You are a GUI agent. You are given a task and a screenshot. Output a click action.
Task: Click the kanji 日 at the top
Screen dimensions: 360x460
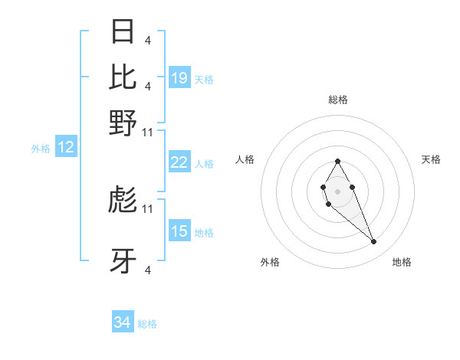(x=123, y=31)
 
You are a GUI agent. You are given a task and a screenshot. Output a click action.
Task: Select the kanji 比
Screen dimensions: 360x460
(x=123, y=77)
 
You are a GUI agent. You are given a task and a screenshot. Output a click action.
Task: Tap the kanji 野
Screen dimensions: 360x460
(x=123, y=123)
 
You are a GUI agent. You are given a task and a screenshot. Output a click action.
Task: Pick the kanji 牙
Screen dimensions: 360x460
(x=123, y=261)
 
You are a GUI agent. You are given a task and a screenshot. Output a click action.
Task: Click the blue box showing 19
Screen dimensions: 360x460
(x=179, y=78)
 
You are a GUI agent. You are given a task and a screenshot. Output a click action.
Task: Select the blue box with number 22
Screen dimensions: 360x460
(x=179, y=162)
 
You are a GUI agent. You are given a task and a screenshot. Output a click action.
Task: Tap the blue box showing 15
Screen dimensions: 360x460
(x=179, y=231)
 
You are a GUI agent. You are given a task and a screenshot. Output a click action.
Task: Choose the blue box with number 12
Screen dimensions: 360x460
(x=66, y=148)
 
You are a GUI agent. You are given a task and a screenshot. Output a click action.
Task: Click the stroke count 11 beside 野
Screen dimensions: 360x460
(x=148, y=132)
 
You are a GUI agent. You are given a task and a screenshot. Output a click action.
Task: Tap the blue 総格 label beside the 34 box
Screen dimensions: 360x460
(x=147, y=324)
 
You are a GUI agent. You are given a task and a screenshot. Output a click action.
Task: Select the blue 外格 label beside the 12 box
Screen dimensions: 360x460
(x=41, y=149)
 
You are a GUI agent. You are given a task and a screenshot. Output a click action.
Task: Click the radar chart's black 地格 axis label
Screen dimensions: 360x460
(x=402, y=262)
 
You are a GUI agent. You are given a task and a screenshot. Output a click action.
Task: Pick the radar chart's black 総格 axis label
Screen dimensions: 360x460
(x=337, y=100)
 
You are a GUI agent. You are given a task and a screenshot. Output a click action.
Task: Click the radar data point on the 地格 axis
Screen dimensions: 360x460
(x=374, y=242)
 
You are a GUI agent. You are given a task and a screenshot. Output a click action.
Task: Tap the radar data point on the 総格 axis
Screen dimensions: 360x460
(x=337, y=161)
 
